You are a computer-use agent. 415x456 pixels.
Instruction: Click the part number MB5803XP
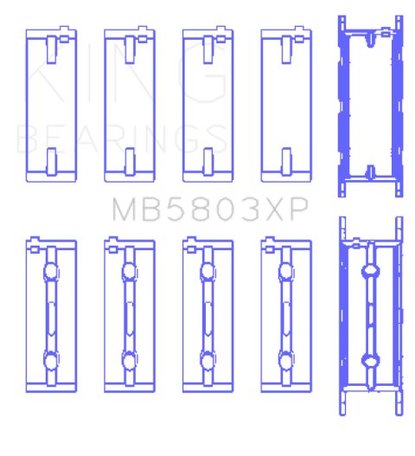[x=210, y=209]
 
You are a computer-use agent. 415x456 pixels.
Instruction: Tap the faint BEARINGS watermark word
[x=122, y=138]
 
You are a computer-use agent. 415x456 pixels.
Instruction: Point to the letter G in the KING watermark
[x=202, y=74]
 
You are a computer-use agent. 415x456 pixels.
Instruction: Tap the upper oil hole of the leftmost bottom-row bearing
[x=51, y=272]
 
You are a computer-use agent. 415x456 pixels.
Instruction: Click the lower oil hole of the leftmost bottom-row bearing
[x=51, y=360]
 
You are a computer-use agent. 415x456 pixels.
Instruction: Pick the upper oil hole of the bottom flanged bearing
[x=370, y=271]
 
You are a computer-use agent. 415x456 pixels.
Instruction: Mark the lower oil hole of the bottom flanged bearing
[x=370, y=361]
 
